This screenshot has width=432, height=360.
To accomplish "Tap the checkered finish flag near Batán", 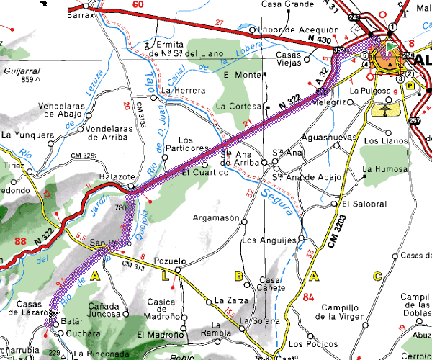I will coord(53,314).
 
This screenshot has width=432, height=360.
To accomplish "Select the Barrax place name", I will coord(81,14).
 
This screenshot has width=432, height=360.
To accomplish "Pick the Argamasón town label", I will coord(216,217).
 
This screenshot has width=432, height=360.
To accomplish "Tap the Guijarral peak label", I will coord(20,71).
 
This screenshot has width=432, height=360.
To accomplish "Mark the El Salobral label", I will coord(364,203).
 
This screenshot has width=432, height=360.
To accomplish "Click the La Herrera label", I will coord(184,90).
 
